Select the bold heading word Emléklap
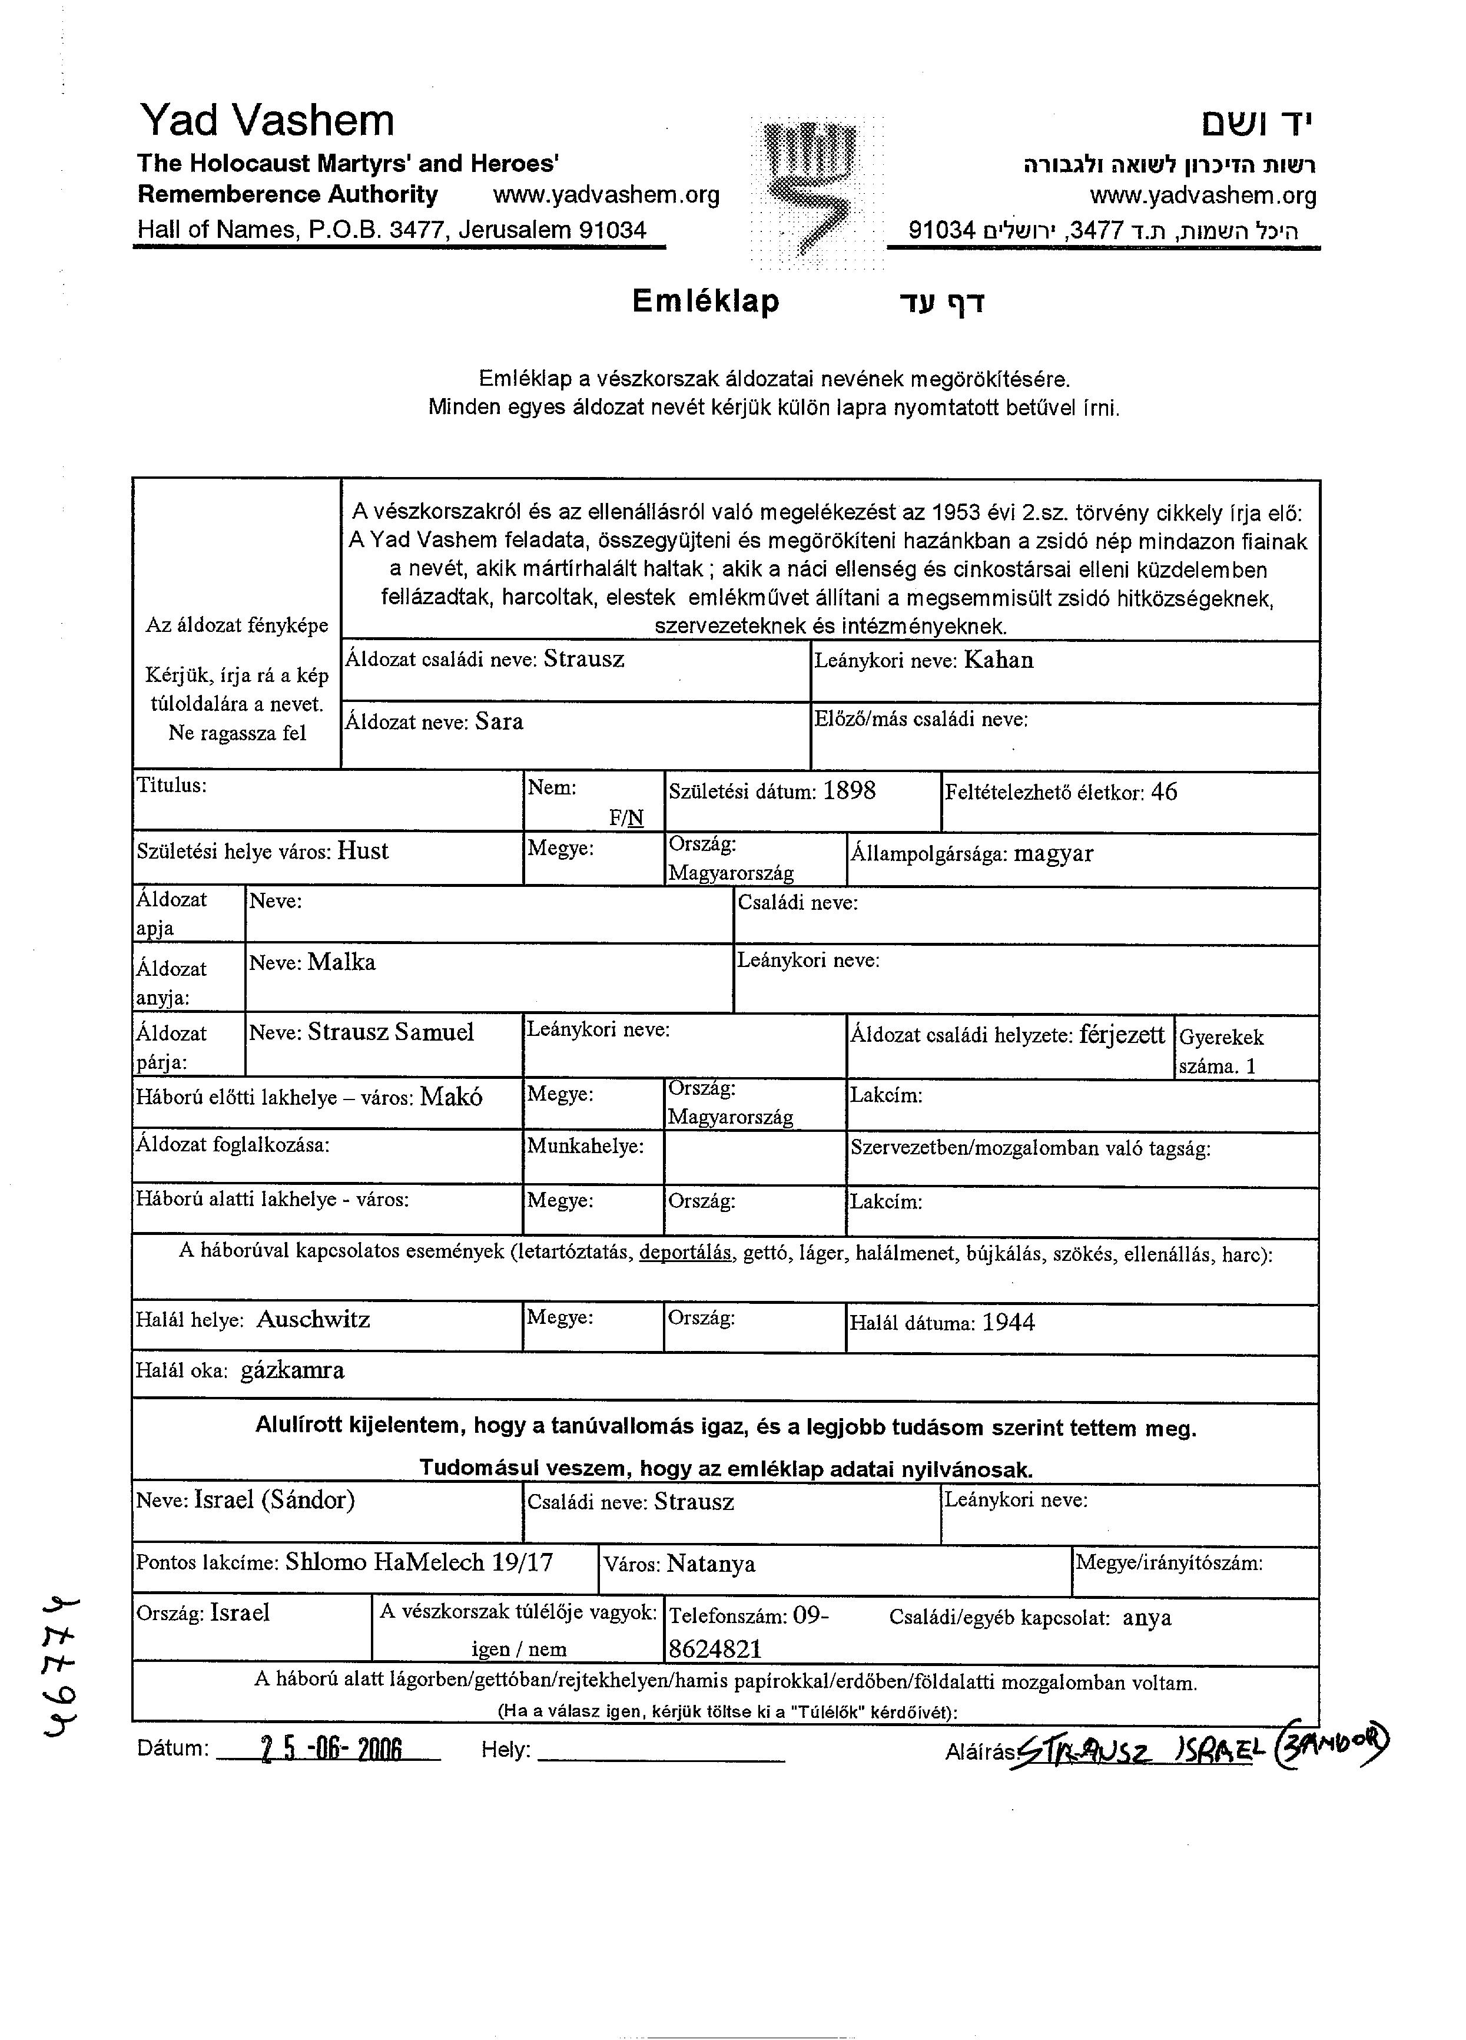tap(705, 302)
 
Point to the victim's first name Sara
tap(499, 721)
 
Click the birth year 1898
tap(849, 791)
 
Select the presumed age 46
tap(1164, 792)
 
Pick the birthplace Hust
tap(363, 851)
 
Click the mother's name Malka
tap(341, 962)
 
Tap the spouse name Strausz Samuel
tap(390, 1032)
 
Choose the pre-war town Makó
tap(452, 1097)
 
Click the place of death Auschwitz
tap(313, 1320)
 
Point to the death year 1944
tap(1008, 1322)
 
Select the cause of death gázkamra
tap(292, 1371)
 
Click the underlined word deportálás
tap(685, 1253)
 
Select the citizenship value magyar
tap(1053, 853)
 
